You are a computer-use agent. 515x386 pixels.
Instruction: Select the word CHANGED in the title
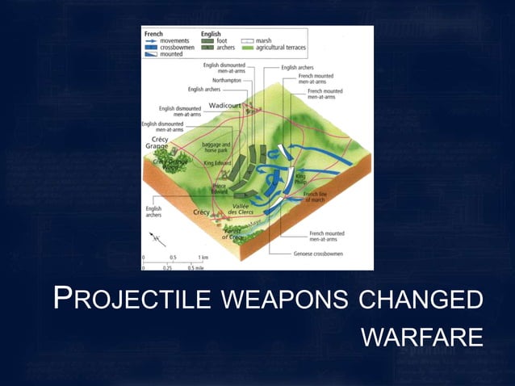pos(421,300)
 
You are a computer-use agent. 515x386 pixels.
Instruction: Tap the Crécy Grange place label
pos(157,142)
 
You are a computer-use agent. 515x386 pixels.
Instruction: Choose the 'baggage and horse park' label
pos(217,146)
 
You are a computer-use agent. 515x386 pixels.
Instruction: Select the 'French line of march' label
pos(316,196)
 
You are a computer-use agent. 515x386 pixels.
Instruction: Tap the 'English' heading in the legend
pos(211,33)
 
